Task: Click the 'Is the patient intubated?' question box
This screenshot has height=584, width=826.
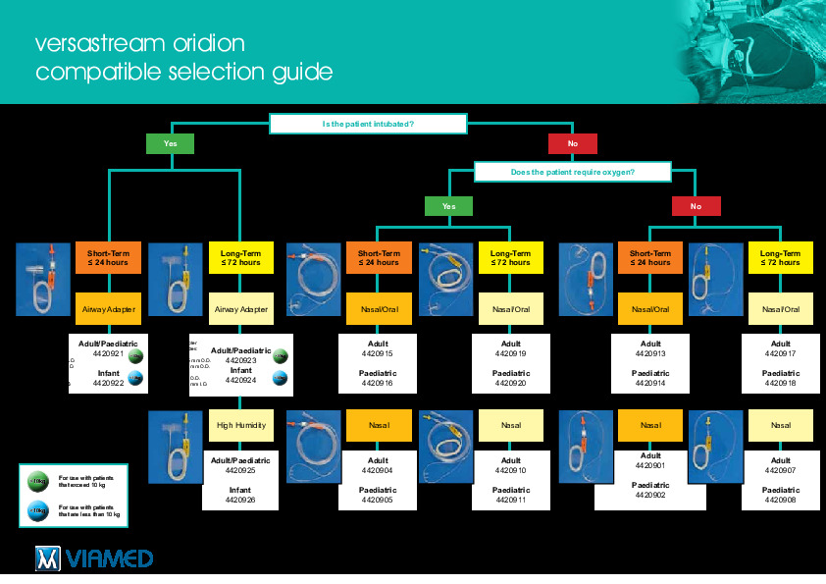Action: [367, 124]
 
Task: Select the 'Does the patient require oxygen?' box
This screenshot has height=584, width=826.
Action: [572, 172]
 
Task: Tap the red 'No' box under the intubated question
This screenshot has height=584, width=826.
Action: [573, 144]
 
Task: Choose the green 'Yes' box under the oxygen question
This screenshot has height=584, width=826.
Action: [448, 206]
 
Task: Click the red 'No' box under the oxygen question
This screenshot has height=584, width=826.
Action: [696, 206]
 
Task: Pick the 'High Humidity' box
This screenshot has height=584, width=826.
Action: [240, 425]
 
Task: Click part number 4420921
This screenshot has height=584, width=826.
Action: [109, 353]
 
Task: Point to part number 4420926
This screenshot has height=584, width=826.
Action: [240, 500]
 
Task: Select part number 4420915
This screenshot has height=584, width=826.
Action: [378, 353]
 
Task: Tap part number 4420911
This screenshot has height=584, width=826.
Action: [511, 500]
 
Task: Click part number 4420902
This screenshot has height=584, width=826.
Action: [650, 496]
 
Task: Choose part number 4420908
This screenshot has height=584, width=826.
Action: [781, 500]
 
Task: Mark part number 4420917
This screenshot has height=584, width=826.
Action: [781, 353]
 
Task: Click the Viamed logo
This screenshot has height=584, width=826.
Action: [93, 558]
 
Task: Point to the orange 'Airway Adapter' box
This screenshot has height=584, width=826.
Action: [108, 309]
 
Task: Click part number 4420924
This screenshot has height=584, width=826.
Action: [240, 380]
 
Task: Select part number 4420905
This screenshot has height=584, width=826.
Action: [378, 500]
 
